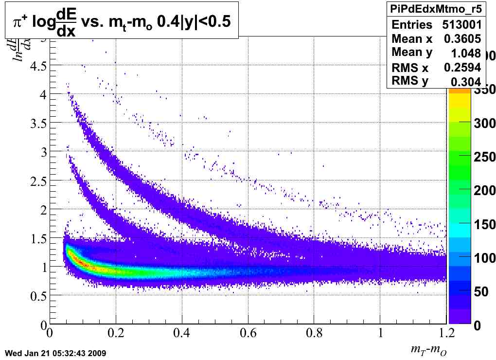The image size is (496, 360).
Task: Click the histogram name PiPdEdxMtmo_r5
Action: (435, 9)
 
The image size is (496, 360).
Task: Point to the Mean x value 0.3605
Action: (462, 39)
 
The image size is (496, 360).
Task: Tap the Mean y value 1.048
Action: (465, 53)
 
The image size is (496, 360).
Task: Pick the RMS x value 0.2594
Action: (462, 68)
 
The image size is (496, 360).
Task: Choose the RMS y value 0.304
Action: (465, 82)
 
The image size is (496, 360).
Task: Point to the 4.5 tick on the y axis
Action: (37, 66)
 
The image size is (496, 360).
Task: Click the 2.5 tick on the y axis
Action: (37, 181)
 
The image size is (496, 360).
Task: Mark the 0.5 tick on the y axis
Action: (37, 296)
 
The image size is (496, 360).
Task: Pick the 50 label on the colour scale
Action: (481, 291)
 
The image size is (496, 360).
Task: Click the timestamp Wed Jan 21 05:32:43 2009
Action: (55, 353)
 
